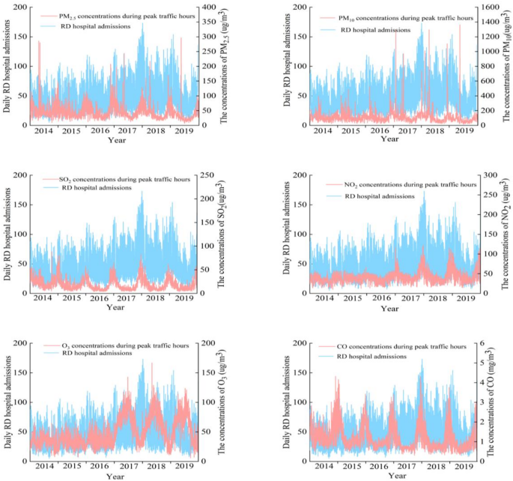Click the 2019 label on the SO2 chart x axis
pyautogui.click(x=183, y=298)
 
